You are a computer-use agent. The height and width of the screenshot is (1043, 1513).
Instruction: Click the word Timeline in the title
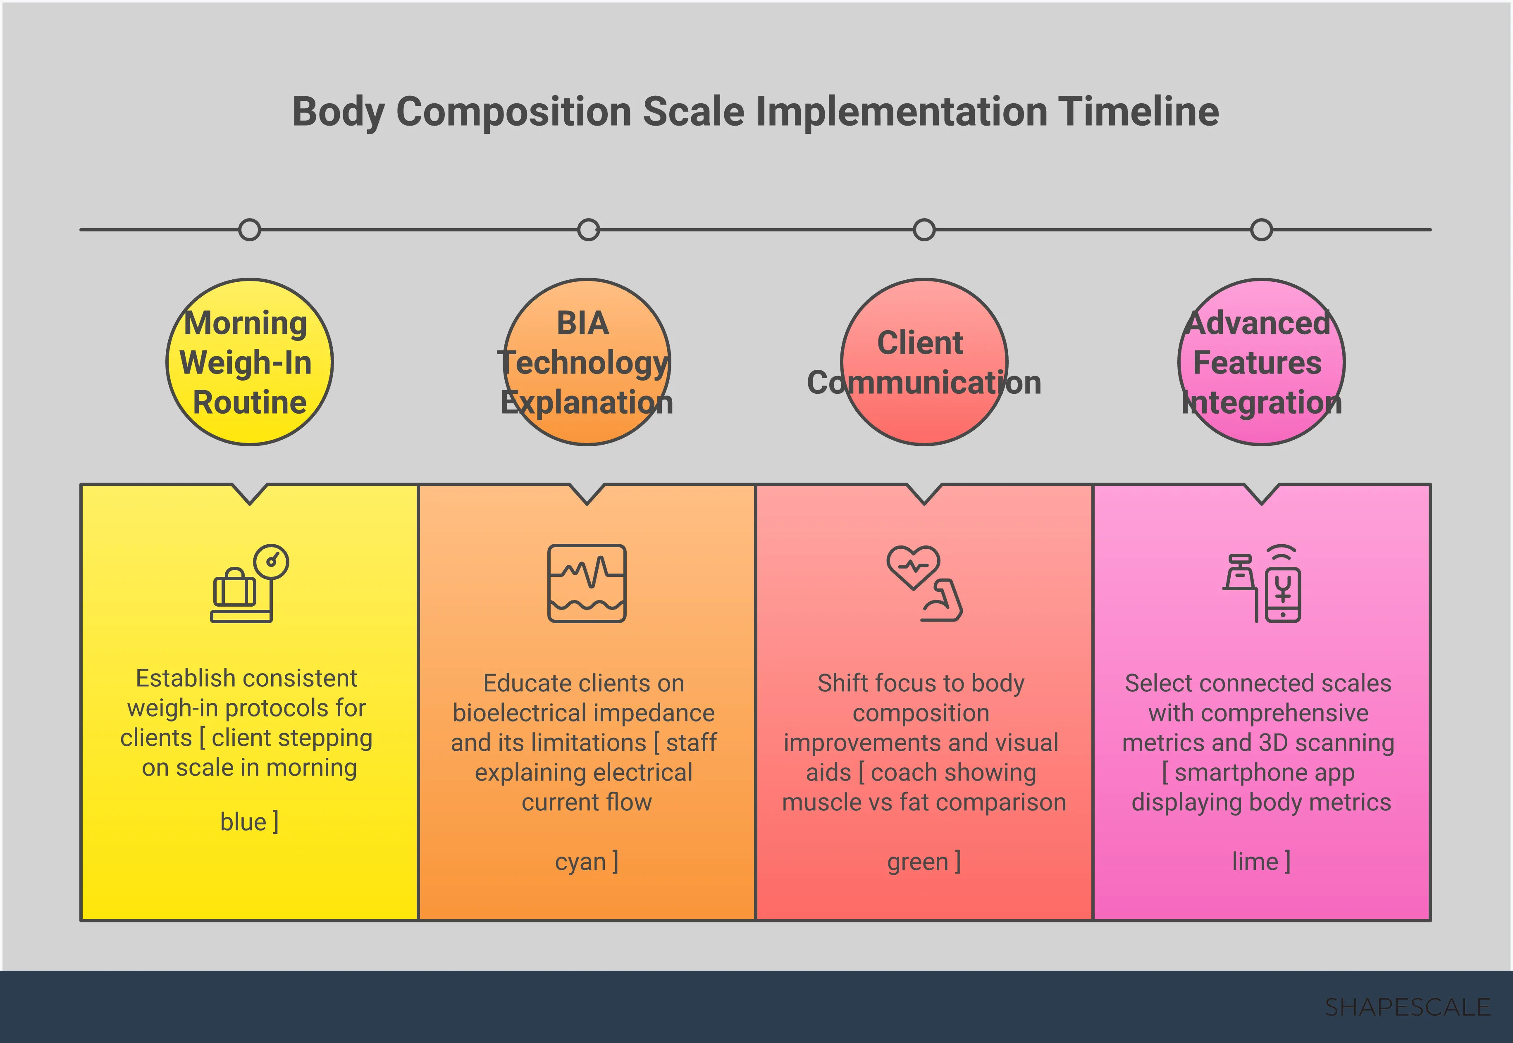(1138, 111)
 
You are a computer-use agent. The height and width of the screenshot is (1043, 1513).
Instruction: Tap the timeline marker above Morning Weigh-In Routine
(250, 230)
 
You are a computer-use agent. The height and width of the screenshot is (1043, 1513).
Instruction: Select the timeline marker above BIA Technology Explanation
(588, 230)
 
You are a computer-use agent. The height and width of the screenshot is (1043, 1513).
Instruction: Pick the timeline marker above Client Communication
(924, 230)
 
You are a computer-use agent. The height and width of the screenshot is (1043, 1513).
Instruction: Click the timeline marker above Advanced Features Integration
(1261, 230)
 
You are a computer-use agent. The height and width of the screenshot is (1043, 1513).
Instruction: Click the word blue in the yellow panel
(243, 822)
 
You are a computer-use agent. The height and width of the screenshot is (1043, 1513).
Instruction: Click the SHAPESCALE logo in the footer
(1407, 1007)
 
